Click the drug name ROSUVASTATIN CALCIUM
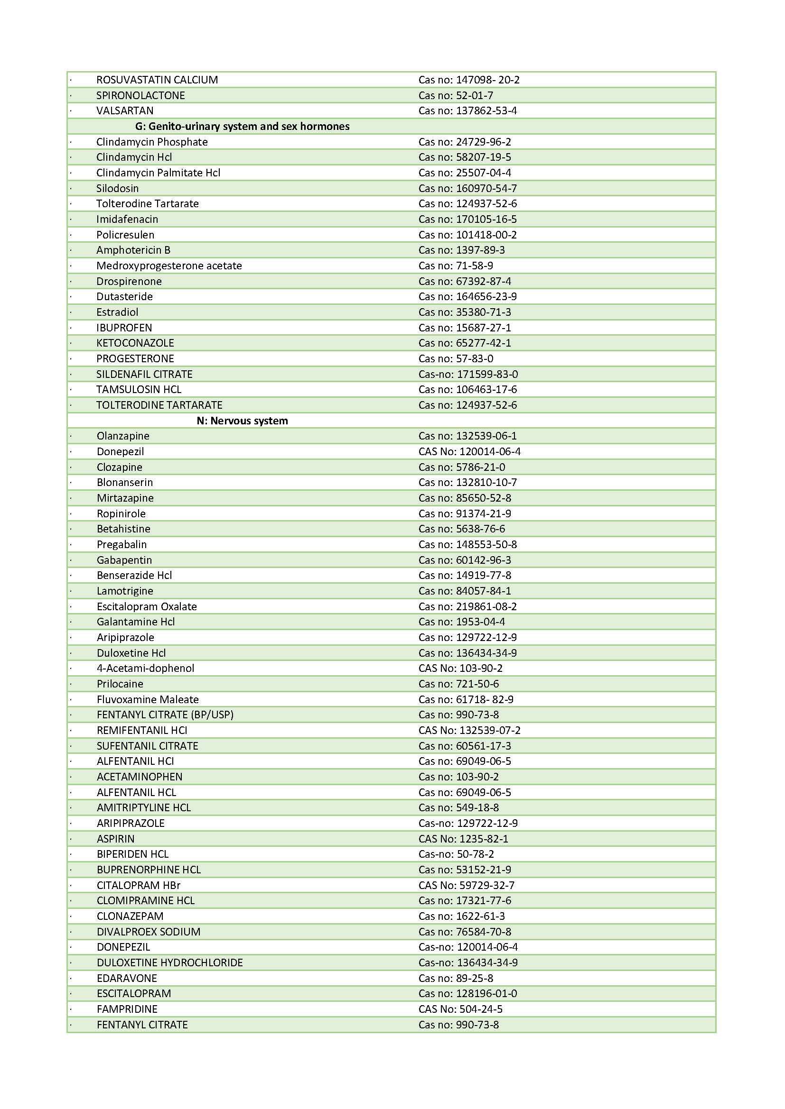point(157,80)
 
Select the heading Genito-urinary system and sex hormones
point(242,127)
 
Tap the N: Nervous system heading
point(242,421)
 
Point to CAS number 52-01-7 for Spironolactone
point(456,96)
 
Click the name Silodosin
point(117,188)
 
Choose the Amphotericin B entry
point(133,250)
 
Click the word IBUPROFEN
point(124,328)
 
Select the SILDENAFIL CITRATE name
point(145,375)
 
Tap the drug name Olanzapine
point(123,436)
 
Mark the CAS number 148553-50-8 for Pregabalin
point(467,544)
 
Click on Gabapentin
point(124,560)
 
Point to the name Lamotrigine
point(125,591)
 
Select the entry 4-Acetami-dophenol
point(146,669)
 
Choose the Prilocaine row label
point(120,684)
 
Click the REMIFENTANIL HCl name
point(142,730)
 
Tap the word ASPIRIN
point(115,839)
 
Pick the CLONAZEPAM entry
point(130,917)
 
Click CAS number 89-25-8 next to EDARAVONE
point(456,978)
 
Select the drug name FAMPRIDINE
point(127,1009)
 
